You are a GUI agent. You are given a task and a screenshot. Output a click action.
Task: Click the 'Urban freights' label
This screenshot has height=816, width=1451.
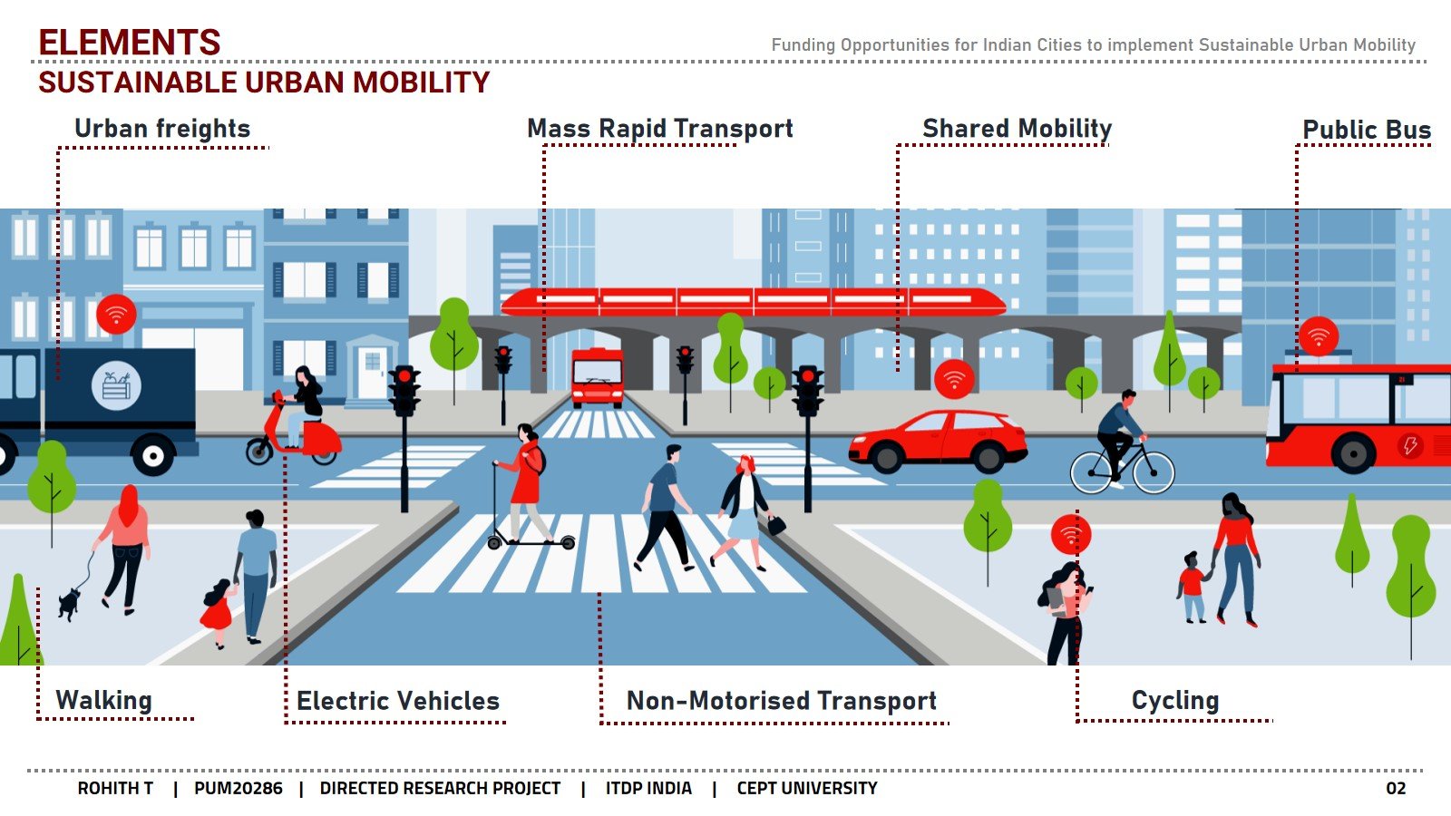(162, 129)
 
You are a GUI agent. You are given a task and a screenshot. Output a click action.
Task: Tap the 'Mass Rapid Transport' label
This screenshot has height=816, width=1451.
(659, 129)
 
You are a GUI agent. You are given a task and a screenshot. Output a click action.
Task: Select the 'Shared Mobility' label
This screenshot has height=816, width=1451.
(1017, 129)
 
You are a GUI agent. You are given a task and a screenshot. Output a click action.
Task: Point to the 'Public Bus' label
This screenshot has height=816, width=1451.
(1366, 131)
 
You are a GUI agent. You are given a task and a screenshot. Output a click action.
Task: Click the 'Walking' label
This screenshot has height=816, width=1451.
(103, 700)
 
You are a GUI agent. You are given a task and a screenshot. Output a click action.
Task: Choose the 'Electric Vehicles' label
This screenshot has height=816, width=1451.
(398, 701)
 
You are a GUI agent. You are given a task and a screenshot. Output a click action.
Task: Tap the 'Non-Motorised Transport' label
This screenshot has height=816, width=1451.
(781, 701)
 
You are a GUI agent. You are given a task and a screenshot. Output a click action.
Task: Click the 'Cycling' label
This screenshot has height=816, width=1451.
(1174, 700)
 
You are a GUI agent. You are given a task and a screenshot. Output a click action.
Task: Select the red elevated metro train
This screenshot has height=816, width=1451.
(753, 302)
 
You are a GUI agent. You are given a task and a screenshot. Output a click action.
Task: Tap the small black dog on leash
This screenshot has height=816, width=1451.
(69, 602)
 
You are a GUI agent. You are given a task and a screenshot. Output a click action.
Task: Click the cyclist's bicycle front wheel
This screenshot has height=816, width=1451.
(1153, 473)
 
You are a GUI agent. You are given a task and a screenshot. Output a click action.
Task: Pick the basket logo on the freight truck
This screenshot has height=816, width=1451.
(116, 385)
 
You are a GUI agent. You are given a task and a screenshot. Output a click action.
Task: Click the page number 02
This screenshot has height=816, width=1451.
(1395, 788)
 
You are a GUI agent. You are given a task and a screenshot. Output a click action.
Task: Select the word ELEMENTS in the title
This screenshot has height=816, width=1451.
(130, 43)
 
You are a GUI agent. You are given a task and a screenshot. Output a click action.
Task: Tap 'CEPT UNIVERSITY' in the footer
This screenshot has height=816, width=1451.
(806, 788)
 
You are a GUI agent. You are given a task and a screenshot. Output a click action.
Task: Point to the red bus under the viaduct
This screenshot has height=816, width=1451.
(597, 377)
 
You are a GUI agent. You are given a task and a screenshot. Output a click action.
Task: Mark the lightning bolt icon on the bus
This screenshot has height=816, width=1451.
(1409, 444)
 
